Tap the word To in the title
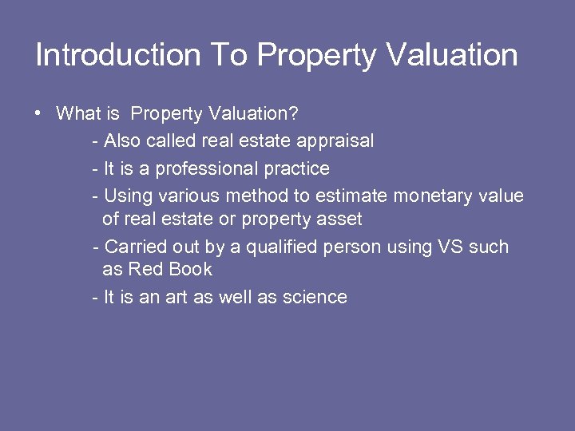(x=230, y=55)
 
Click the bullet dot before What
(x=38, y=113)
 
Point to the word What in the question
(x=79, y=113)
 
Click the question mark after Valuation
(x=294, y=113)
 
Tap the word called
(x=172, y=141)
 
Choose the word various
(x=190, y=196)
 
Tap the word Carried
(x=133, y=247)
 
